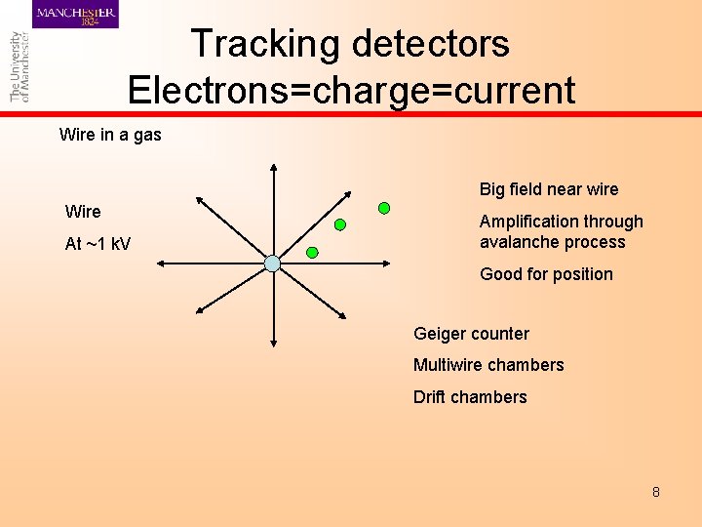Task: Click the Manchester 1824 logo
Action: tap(76, 15)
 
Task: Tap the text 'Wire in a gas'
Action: tap(110, 135)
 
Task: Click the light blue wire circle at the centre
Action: tap(273, 263)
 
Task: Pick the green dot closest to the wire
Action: tap(312, 252)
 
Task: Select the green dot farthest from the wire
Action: tap(384, 207)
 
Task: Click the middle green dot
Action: tap(340, 224)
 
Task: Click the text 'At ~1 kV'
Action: tap(97, 244)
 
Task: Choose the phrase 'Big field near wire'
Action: tap(548, 189)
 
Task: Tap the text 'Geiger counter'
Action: tap(471, 334)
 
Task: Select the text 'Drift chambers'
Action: tap(470, 397)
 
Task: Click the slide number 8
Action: tap(656, 492)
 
